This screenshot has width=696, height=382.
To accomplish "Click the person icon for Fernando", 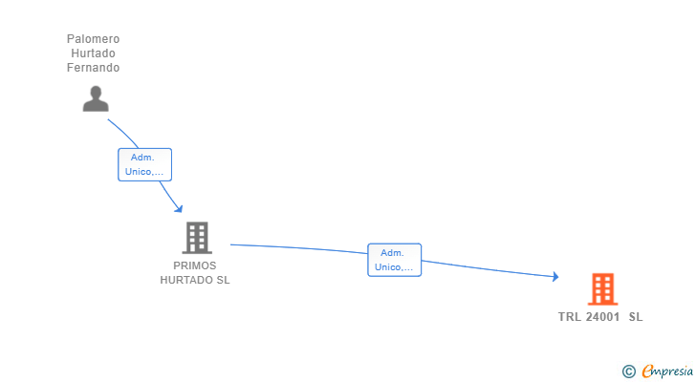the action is (x=95, y=98).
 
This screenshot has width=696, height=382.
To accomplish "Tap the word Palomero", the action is (x=93, y=39).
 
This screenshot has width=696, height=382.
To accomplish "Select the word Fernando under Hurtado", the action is (x=93, y=68).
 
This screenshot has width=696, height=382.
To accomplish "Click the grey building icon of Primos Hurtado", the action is (x=196, y=238).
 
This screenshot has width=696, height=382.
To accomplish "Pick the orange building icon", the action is (x=602, y=288).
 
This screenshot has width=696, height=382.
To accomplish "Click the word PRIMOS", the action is (x=195, y=265).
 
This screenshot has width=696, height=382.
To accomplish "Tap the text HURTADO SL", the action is (x=195, y=280).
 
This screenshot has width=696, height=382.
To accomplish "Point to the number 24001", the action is (x=602, y=317).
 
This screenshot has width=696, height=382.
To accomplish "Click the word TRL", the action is (x=570, y=317).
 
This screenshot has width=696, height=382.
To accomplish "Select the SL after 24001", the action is (x=636, y=317).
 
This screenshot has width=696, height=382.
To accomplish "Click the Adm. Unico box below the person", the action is (x=144, y=164).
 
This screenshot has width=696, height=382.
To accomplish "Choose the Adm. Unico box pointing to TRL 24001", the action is (x=394, y=260).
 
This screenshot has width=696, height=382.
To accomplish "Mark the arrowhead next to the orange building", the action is (x=555, y=277).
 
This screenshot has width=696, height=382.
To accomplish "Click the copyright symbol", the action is (x=628, y=371).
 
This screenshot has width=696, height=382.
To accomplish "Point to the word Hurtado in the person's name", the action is (x=93, y=53).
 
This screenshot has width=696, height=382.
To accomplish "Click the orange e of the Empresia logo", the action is (x=647, y=371).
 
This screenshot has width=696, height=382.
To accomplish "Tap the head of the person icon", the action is (x=95, y=92).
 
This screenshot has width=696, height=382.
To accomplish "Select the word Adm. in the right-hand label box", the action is (x=392, y=252).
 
